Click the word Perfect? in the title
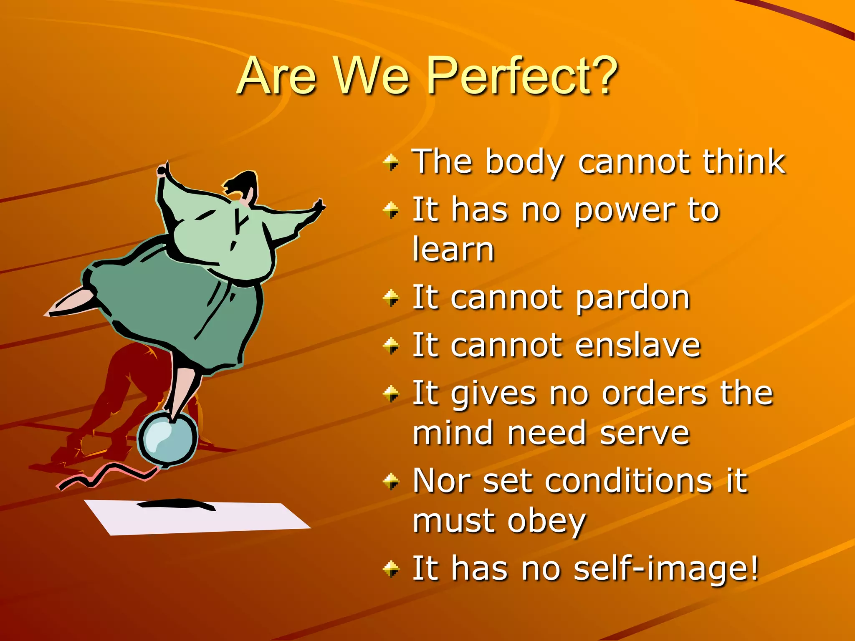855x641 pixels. coord(522,76)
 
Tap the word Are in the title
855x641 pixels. coord(277,76)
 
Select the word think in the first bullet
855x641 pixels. coord(744,162)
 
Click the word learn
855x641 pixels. coord(453,250)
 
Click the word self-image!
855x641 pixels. coord(666,568)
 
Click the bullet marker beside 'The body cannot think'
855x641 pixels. coord(391,162)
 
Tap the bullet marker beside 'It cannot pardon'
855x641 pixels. coord(391,298)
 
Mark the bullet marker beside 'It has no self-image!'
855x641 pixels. coord(391,568)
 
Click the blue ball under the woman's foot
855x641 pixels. coord(167,437)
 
